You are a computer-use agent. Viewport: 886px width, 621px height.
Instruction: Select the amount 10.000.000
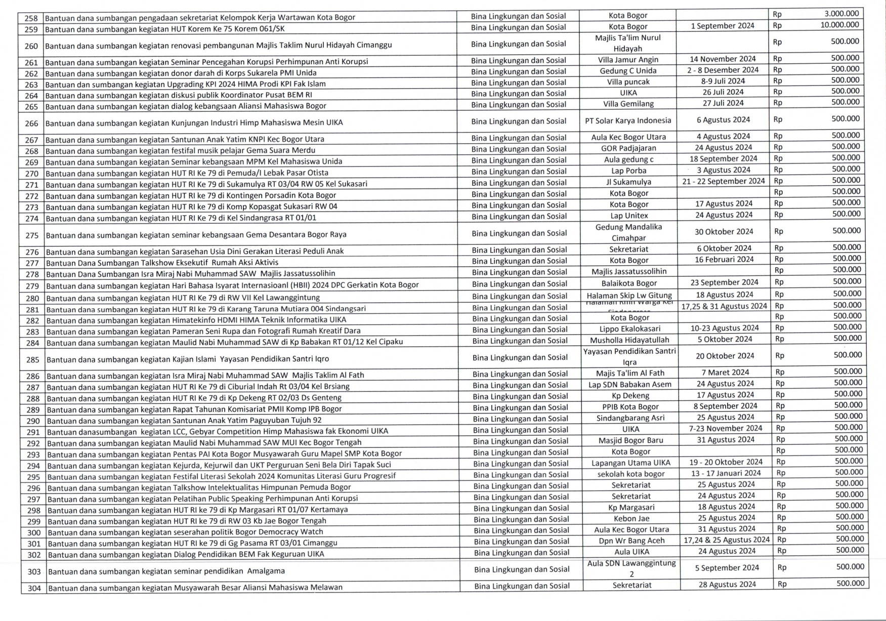[x=839, y=25]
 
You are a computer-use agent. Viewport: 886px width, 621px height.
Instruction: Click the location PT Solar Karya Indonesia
[x=628, y=120]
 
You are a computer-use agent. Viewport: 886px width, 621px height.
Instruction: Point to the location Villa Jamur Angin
[x=628, y=60]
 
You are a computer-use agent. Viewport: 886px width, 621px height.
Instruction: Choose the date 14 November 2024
[x=723, y=59]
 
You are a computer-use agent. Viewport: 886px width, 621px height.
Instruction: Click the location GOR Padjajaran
[x=628, y=148]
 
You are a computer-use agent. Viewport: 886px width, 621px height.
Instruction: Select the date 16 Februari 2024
[x=724, y=260]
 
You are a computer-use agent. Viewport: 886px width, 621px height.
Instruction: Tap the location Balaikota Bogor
[x=629, y=283]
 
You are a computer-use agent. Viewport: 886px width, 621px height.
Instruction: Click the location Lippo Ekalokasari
[x=629, y=328]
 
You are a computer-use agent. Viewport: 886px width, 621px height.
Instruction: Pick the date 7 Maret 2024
[x=725, y=372]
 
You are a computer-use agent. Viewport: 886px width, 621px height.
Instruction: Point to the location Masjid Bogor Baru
[x=630, y=440]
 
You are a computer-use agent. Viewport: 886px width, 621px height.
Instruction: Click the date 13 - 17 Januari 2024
[x=726, y=473]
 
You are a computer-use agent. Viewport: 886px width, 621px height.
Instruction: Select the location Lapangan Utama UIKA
[x=630, y=463]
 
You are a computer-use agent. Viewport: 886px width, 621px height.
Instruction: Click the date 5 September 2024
[x=727, y=568]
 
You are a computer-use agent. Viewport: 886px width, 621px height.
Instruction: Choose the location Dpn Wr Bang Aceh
[x=631, y=541]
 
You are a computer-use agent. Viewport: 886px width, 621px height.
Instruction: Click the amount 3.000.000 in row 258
[x=841, y=14]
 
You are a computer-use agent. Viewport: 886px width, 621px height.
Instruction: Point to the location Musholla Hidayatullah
[x=629, y=340]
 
